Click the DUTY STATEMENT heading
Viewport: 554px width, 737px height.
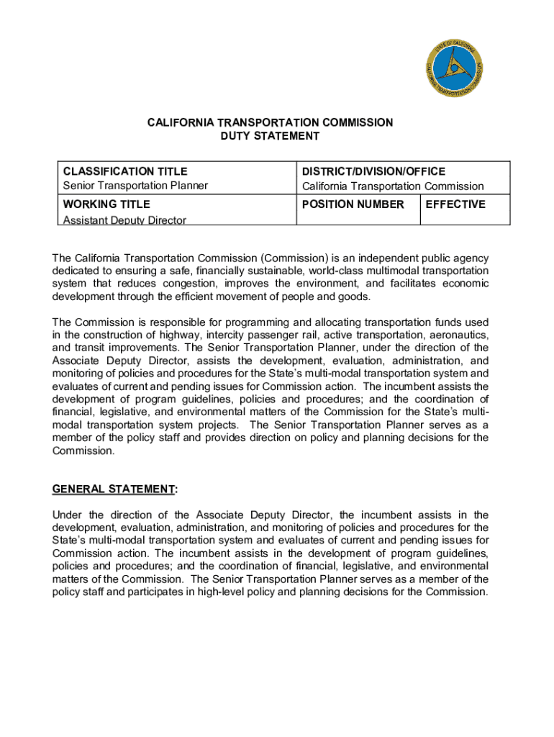point(270,135)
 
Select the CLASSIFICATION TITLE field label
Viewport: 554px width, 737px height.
point(125,171)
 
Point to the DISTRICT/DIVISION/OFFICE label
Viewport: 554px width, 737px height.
point(373,171)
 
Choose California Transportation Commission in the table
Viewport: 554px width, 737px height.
point(393,186)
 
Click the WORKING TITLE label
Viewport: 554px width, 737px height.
point(106,204)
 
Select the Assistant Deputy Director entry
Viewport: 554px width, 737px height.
point(124,220)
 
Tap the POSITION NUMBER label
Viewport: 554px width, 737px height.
point(353,204)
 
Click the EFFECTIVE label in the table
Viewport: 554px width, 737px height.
point(455,204)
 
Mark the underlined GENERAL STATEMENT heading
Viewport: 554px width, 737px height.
point(114,489)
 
